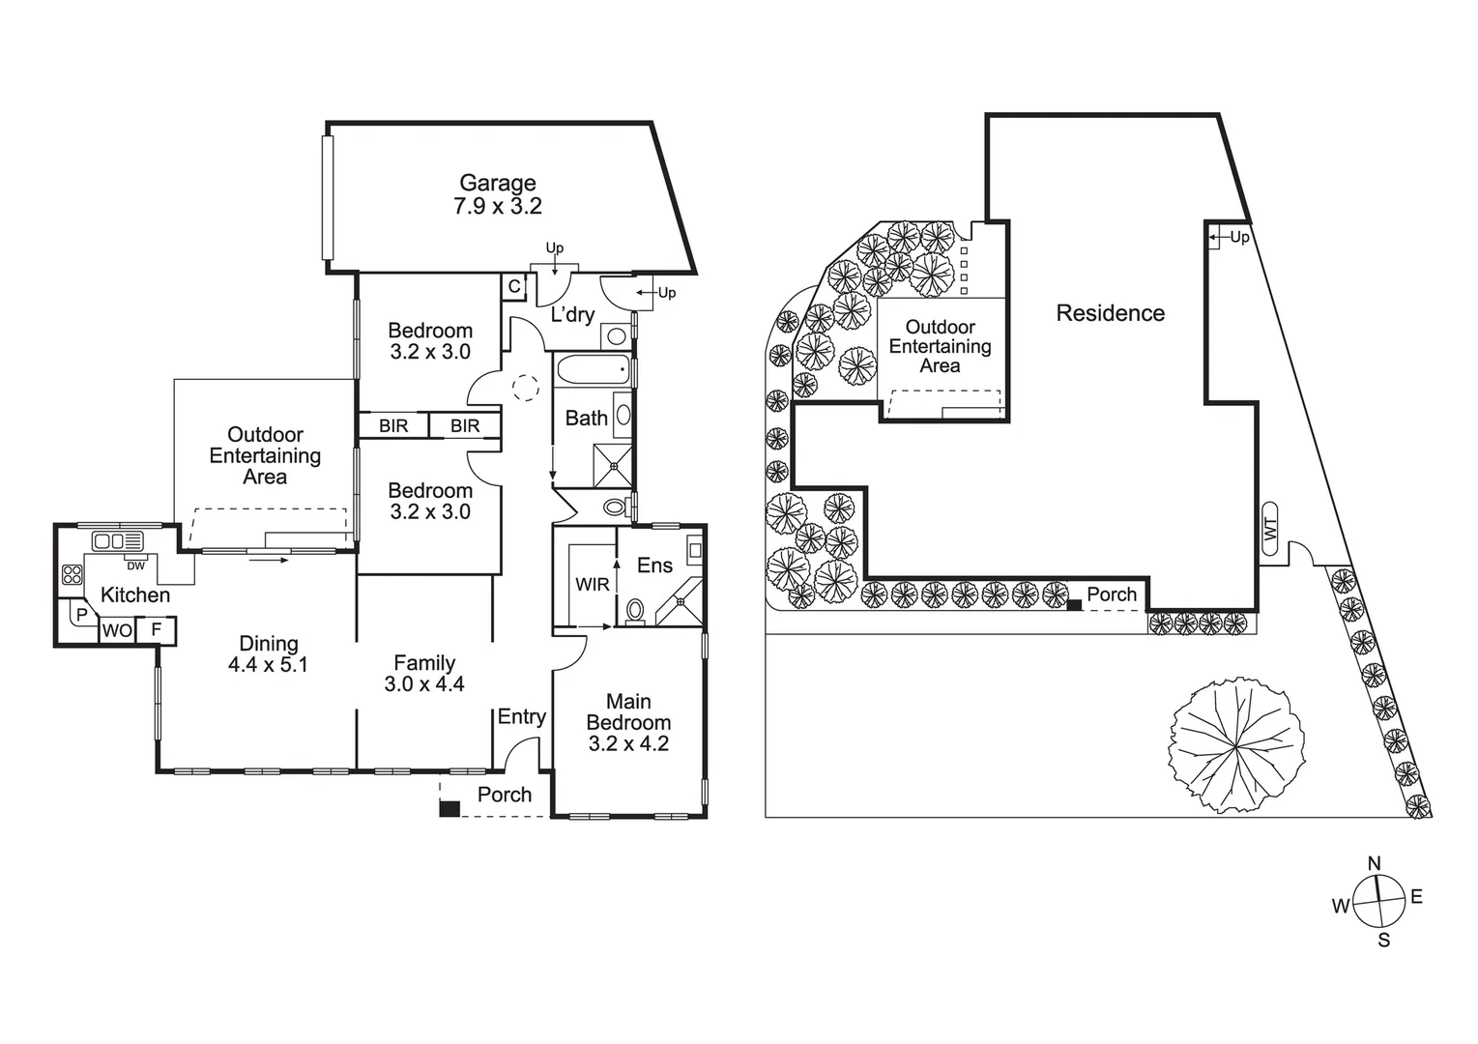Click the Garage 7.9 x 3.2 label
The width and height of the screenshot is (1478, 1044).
coord(497,194)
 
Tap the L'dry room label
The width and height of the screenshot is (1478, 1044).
coord(572,314)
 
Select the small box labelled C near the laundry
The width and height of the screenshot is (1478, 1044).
coord(514,287)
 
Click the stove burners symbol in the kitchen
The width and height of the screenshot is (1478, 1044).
coord(72,575)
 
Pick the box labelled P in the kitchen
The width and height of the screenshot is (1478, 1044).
coord(81,615)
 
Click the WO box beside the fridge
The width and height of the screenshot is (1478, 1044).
coord(117,630)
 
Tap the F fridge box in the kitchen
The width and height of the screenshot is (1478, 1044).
coord(157,630)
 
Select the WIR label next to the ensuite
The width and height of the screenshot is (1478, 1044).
coord(592,585)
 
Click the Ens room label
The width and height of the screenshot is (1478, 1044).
coord(654,565)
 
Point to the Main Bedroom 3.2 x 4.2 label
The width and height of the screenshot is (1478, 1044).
coord(628,722)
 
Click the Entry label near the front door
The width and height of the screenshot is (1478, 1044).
coord(521,716)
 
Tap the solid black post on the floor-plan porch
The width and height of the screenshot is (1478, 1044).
coord(449,808)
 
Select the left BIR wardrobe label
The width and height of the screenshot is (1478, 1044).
coord(393,425)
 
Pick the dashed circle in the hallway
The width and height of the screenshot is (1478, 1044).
coord(524,388)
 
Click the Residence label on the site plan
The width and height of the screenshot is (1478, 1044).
coord(1110,313)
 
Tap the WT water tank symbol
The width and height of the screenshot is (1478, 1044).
coord(1271,529)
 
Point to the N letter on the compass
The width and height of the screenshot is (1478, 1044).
coord(1374,863)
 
